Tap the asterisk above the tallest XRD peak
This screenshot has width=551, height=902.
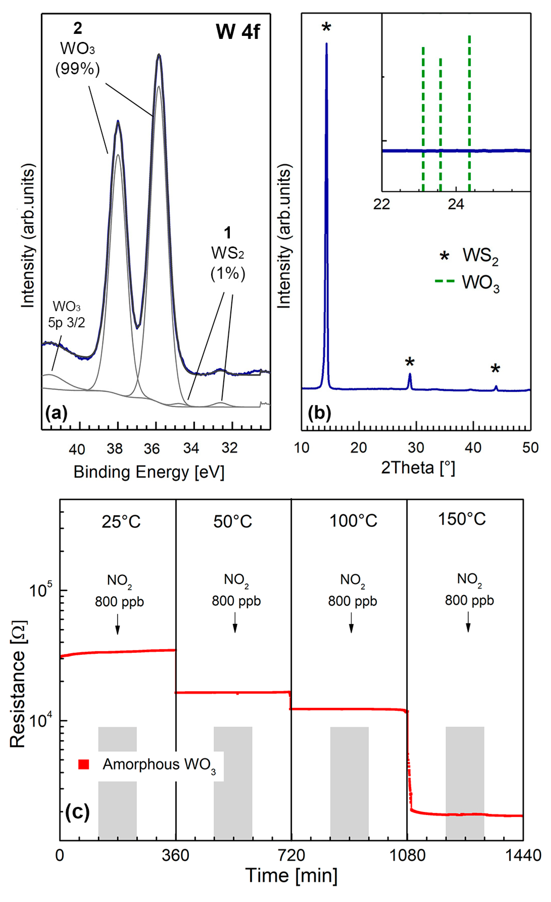(x=326, y=28)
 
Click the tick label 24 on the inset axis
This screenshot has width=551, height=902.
(x=456, y=204)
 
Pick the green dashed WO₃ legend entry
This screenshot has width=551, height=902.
(x=444, y=281)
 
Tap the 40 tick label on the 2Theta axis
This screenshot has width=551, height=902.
(x=473, y=447)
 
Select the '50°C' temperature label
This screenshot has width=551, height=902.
(x=233, y=521)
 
